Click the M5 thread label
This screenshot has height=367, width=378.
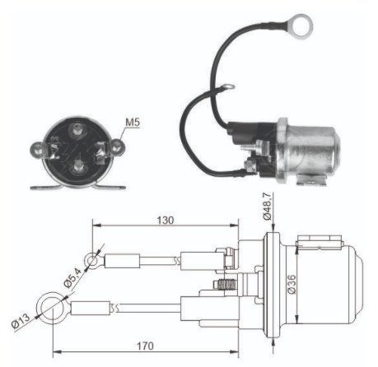click(133, 123)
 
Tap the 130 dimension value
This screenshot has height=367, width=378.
click(166, 221)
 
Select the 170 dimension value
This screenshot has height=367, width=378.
click(145, 346)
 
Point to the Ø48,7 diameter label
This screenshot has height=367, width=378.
click(267, 206)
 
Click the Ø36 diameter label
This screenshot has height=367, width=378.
click(292, 284)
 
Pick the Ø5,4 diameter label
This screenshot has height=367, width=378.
click(72, 278)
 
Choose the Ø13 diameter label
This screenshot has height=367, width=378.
click(21, 321)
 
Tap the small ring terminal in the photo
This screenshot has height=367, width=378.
click(228, 87)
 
